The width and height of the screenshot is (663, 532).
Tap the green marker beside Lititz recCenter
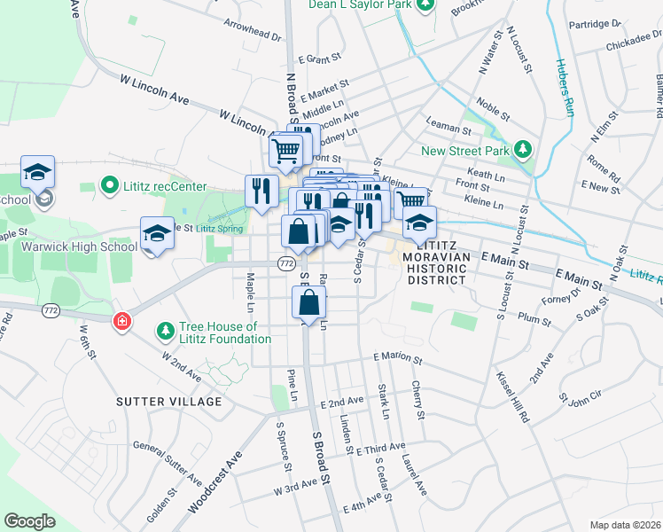111,186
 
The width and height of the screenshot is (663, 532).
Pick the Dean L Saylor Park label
360,4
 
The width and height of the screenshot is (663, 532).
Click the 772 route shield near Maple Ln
285,263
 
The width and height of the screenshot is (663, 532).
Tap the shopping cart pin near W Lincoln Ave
285,151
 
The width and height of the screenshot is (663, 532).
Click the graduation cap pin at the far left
38,170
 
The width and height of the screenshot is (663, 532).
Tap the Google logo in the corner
29,520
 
